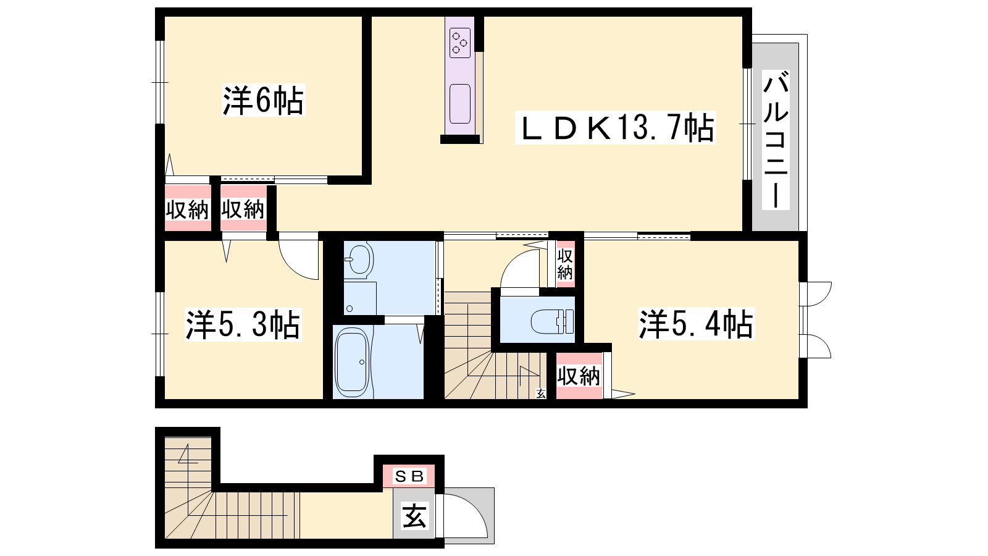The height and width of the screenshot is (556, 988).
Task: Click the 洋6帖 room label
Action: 263,101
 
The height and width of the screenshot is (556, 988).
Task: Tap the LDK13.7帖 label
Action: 615,128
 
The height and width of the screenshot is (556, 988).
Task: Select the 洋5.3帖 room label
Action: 243,325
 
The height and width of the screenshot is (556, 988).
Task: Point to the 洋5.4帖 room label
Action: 697,324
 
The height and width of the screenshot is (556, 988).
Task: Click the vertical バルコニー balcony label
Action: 776,142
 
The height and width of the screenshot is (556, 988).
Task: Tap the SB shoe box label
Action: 409,476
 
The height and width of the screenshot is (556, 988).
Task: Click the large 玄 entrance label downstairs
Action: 414,516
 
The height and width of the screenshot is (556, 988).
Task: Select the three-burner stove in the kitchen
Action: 459,43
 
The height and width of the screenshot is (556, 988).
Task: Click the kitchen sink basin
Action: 459,104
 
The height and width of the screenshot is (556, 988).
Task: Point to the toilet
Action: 552,322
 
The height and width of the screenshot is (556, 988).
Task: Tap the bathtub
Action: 352,364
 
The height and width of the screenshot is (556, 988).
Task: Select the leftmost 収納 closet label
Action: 187,209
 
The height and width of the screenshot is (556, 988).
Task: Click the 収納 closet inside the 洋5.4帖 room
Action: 578,376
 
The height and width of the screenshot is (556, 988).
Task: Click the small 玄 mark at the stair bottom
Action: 541,393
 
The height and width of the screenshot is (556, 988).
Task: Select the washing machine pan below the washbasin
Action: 360,298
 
